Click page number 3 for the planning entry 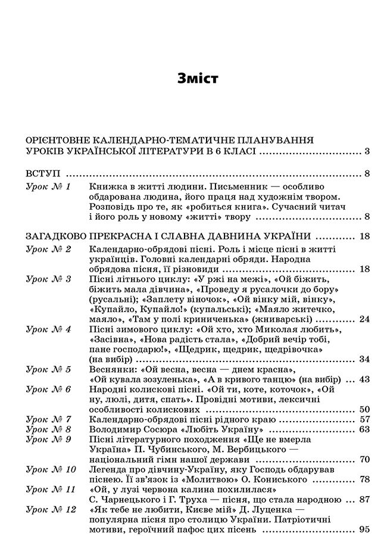[x=367, y=151]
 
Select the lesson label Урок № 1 [x=49, y=187]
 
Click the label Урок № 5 [x=49, y=369]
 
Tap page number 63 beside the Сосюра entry [x=364, y=429]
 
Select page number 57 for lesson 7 [x=364, y=419]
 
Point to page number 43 [x=364, y=379]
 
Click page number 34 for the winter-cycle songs [x=364, y=359]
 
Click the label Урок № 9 [x=49, y=439]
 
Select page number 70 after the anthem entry [x=364, y=459]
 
